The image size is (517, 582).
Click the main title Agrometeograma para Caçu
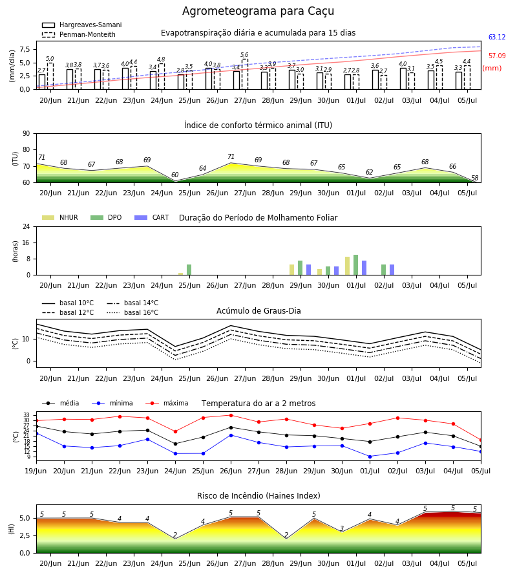(x=258, y=11)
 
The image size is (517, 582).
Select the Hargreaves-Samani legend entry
(x=82, y=25)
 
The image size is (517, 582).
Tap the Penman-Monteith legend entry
(x=79, y=34)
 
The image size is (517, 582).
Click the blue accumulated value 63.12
(x=497, y=37)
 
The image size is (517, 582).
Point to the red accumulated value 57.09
(x=497, y=56)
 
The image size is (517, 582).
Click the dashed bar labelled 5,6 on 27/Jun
(x=245, y=74)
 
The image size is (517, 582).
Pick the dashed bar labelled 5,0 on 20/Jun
(x=50, y=76)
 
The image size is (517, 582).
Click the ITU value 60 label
(x=174, y=175)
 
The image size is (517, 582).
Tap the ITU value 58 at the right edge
(x=475, y=178)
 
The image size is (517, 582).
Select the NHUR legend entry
(x=60, y=217)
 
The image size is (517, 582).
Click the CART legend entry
(x=152, y=217)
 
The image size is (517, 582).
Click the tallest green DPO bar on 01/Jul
(x=355, y=265)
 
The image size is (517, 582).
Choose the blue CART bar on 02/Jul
(x=392, y=270)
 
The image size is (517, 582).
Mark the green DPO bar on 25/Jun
(x=189, y=270)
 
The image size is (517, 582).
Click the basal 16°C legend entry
(x=132, y=312)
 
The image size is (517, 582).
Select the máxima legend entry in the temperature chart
(x=167, y=403)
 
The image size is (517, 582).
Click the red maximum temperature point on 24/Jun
(x=175, y=432)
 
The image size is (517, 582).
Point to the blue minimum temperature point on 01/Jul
(x=370, y=457)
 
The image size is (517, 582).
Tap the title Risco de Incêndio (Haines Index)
(x=258, y=496)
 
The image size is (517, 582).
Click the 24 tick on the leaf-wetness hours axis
(x=26, y=227)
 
